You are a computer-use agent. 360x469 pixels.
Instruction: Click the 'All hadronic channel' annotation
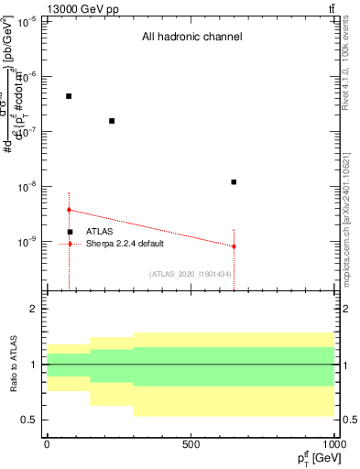191,38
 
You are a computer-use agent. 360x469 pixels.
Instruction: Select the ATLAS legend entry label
99,232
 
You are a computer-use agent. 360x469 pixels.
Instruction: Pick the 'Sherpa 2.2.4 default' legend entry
125,244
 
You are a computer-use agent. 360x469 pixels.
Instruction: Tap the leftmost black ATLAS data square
69,96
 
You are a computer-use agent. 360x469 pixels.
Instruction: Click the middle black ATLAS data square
112,121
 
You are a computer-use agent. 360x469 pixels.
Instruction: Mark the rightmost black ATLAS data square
235,182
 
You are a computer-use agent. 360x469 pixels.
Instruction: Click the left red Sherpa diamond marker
69,210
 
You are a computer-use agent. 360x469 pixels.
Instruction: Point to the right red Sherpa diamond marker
235,246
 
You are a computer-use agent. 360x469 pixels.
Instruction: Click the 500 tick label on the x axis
191,444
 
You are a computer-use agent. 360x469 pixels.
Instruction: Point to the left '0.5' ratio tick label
28,420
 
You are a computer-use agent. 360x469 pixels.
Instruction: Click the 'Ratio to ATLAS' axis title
13,365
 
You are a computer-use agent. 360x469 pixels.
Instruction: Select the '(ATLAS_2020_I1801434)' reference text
191,274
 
